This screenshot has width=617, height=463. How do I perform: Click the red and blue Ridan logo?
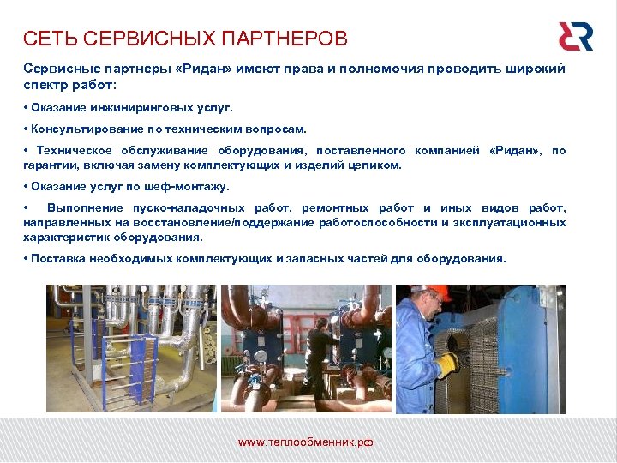(575, 36)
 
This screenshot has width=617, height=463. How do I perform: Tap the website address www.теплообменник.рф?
(305, 442)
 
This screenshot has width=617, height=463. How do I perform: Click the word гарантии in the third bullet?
(50, 165)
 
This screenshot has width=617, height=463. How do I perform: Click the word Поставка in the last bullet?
(55, 257)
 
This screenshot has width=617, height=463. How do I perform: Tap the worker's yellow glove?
(446, 364)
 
